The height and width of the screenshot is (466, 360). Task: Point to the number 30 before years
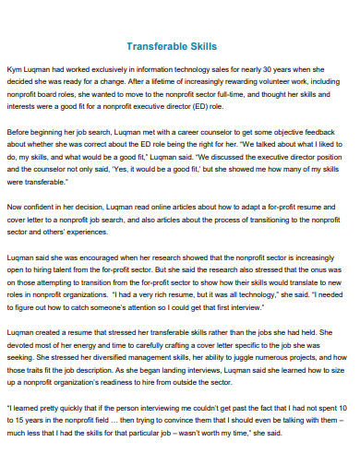[275, 68]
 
